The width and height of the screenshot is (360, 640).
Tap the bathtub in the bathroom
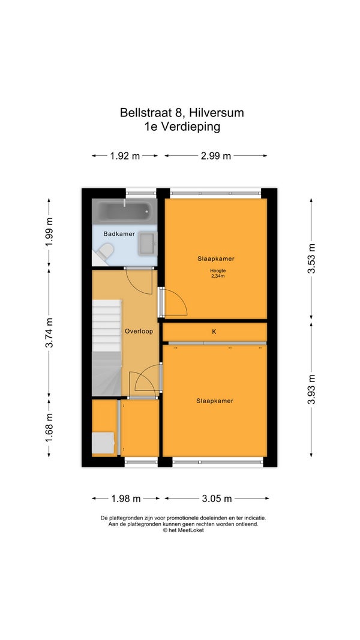point(124,211)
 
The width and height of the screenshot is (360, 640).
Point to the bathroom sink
point(147,244)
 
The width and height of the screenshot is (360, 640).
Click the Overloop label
point(139,331)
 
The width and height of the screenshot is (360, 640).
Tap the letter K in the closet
point(214,332)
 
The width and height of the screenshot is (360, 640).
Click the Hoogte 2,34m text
point(218,273)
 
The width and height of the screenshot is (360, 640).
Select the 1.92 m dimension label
point(125,155)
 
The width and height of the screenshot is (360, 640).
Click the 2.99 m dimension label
point(216,155)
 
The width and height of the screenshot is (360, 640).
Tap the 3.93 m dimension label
point(311,390)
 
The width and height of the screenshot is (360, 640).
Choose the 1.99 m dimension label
point(49,231)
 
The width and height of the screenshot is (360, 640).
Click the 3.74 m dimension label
point(49,333)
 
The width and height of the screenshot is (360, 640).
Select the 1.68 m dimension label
point(49,427)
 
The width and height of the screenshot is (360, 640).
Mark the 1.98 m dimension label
point(126,498)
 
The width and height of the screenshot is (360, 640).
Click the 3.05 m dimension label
point(217,498)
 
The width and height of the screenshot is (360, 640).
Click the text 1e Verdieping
point(182,127)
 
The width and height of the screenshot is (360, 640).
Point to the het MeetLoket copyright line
point(183,530)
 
